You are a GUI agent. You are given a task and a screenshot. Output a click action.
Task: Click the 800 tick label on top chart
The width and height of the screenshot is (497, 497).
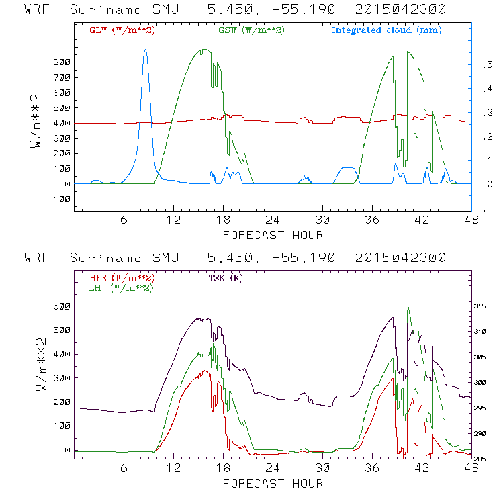(x=62, y=62)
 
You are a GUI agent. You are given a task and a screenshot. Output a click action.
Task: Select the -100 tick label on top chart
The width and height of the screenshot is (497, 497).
(x=59, y=199)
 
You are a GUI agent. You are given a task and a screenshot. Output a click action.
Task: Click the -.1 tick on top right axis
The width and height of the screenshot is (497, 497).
(x=482, y=208)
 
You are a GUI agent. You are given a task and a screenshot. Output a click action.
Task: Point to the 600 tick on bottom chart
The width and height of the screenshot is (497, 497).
(x=62, y=306)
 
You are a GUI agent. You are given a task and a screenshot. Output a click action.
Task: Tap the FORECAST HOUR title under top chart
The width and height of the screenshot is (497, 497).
(x=273, y=235)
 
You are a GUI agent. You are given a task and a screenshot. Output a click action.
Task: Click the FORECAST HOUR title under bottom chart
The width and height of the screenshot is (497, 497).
(x=273, y=483)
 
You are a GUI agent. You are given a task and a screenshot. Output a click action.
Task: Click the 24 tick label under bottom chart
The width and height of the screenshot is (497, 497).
(x=273, y=469)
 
